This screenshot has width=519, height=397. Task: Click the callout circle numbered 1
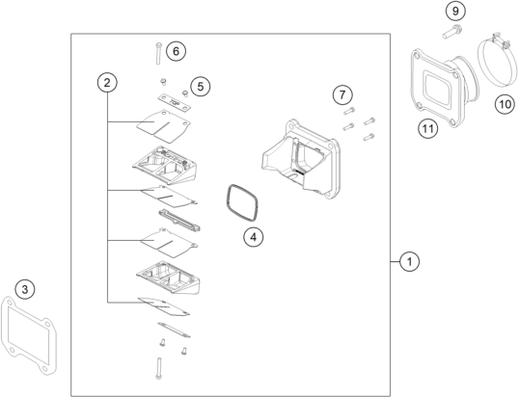409,261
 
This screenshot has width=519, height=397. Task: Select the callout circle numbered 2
107,82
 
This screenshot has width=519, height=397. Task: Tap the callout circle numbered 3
25,290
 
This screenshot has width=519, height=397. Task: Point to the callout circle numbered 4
254,237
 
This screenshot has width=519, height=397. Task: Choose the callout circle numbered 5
201,87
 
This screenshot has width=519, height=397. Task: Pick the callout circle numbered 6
176,51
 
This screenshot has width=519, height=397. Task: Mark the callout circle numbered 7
342,94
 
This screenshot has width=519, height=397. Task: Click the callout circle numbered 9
455,11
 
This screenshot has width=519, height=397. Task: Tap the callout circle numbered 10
505,104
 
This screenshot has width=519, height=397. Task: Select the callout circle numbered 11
427,128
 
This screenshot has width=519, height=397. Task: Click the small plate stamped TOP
174,102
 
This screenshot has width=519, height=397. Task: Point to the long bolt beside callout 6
158,53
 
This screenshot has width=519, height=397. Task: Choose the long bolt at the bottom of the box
158,368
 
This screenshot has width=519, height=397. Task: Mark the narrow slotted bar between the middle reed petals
179,220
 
